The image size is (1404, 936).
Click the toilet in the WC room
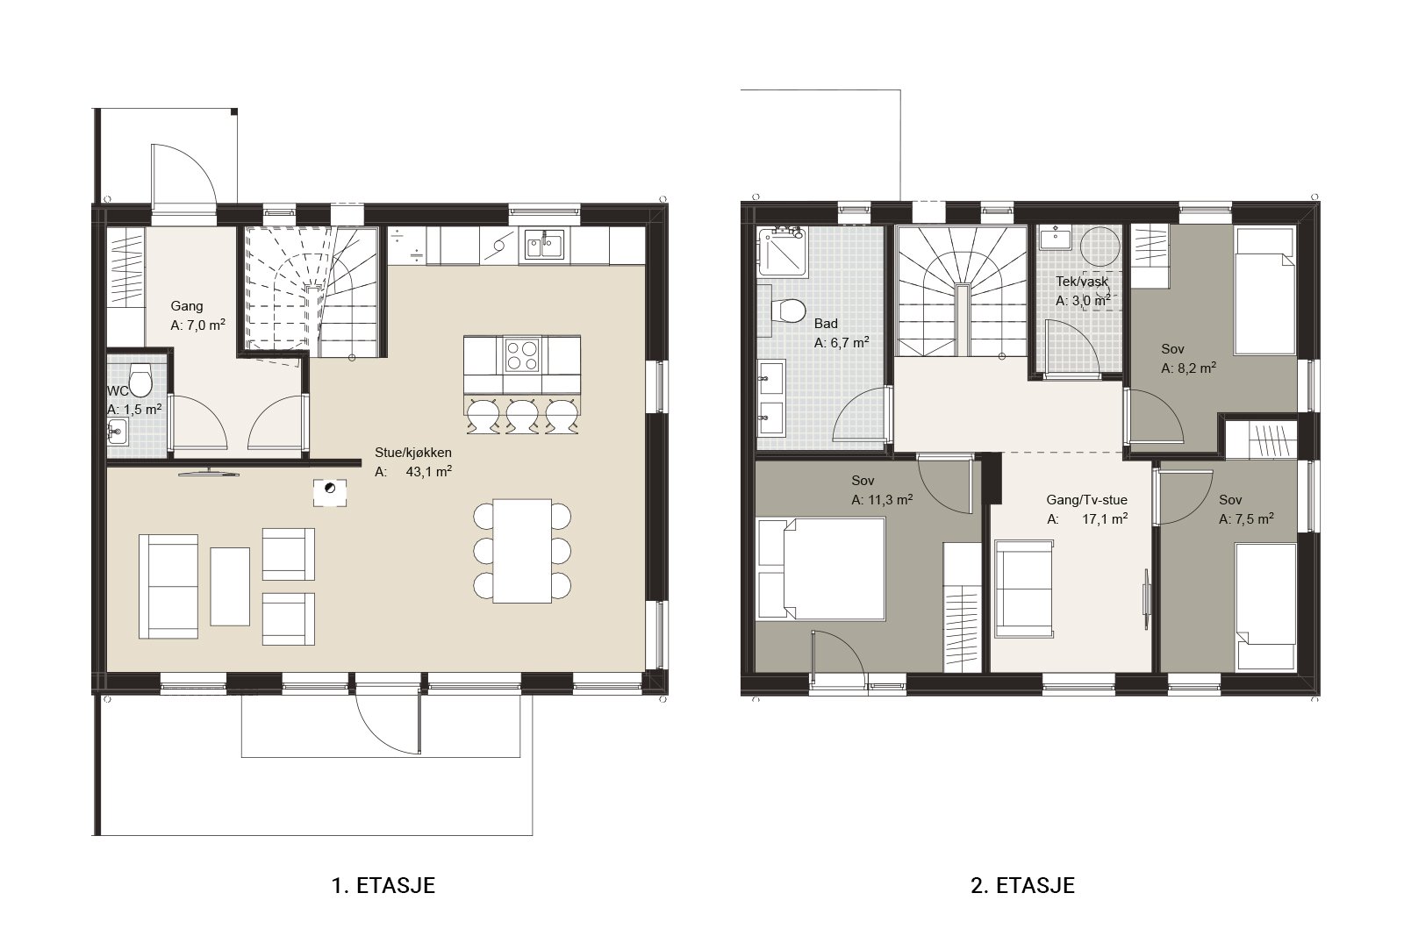pos(140,381)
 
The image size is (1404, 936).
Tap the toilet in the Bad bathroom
pos(788,311)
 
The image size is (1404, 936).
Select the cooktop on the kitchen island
pos(521,355)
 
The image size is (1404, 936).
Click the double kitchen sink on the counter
pos(544,245)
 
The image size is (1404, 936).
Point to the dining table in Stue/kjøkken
pos(522,551)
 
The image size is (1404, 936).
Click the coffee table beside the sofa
pos(229,586)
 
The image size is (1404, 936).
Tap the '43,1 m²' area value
pos(429,471)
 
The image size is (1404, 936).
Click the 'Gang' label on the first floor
pos(187,306)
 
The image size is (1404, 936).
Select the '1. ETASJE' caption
pos(383,885)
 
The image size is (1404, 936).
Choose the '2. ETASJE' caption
pos(1023,885)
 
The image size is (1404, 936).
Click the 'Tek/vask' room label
pos(1082,282)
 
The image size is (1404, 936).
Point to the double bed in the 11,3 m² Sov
pos(821,568)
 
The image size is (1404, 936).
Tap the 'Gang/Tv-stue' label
pos(1087,499)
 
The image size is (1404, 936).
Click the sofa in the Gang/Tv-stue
pos(1023,589)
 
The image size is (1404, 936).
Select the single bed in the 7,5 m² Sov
pos(1265,606)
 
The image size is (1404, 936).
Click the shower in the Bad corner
pos(781,251)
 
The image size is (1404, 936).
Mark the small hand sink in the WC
pos(118,431)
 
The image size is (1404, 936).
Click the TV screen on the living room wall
pos(209,472)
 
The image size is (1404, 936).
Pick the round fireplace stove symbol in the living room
pos(330,488)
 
